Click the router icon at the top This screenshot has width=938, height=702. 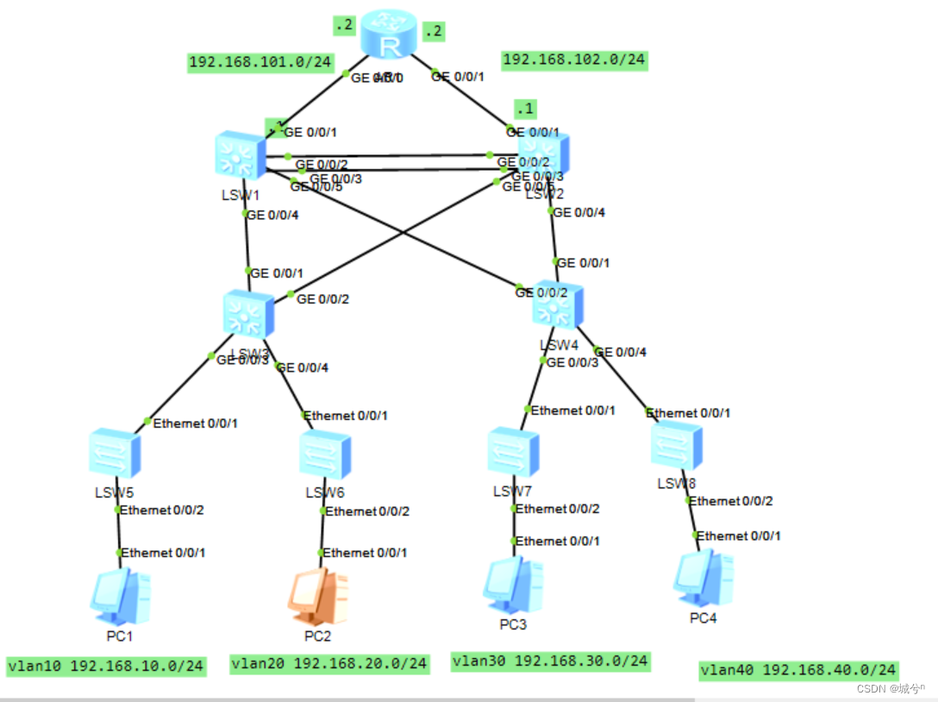(389, 35)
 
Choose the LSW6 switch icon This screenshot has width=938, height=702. (325, 454)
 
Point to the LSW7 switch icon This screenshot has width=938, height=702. (513, 451)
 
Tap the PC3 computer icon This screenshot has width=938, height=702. (512, 584)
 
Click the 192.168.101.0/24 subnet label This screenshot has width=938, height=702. (260, 62)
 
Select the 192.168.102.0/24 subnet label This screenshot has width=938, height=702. (574, 60)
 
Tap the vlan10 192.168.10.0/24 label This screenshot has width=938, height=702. (106, 666)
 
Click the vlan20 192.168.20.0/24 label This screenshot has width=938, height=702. (329, 663)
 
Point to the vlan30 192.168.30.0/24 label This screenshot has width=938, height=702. (551, 661)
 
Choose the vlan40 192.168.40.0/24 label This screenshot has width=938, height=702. (798, 669)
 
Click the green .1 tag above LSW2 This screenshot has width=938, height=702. (524, 109)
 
